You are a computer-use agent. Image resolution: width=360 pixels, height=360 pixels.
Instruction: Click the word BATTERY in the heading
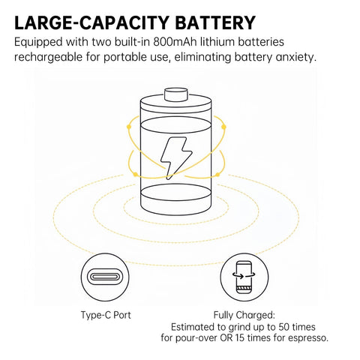click(x=214, y=22)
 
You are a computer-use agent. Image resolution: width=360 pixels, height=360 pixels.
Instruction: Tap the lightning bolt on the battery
click(x=176, y=158)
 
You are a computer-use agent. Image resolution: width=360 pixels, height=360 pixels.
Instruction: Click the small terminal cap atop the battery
click(x=176, y=94)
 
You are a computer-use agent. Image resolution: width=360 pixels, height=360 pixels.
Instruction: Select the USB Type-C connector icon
click(x=105, y=277)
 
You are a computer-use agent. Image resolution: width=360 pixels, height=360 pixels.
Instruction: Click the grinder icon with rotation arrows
click(x=244, y=277)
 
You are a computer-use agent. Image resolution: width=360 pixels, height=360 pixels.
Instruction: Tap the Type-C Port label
click(x=106, y=315)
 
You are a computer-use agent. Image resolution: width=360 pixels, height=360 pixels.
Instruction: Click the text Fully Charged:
click(x=244, y=315)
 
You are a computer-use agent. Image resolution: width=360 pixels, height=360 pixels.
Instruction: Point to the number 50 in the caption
click(x=285, y=327)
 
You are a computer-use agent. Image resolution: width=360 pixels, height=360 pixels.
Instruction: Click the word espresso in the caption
click(x=308, y=338)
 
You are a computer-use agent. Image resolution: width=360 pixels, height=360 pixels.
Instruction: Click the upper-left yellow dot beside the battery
click(x=129, y=127)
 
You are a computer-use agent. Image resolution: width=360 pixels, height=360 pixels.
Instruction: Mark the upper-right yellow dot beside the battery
click(x=223, y=127)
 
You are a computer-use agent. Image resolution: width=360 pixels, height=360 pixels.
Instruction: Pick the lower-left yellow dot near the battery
click(x=135, y=174)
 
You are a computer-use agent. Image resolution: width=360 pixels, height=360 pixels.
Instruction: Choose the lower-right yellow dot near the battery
click(x=217, y=174)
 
